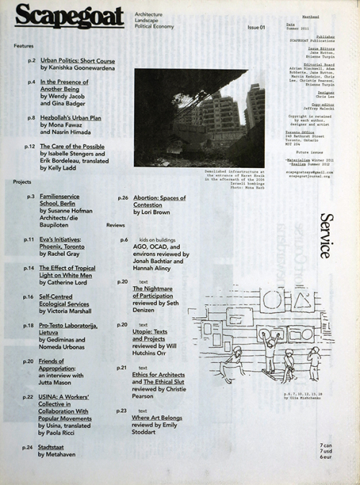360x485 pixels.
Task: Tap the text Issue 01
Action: pos(257,27)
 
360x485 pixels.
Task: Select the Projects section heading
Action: pos(23,182)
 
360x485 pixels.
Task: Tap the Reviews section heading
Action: pos(116,225)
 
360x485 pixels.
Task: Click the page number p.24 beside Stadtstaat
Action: pos(28,448)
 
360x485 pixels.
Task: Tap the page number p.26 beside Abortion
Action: pos(122,197)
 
